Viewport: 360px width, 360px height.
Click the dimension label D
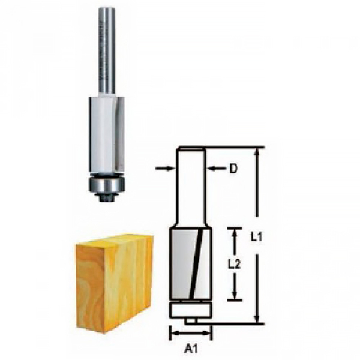233,169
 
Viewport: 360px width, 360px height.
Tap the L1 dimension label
256,236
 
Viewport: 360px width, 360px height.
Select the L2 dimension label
234,265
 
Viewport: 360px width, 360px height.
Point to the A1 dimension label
191,349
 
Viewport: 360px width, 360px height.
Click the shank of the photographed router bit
107,50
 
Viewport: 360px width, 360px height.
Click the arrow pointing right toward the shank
165,169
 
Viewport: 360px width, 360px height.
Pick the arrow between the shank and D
216,169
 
